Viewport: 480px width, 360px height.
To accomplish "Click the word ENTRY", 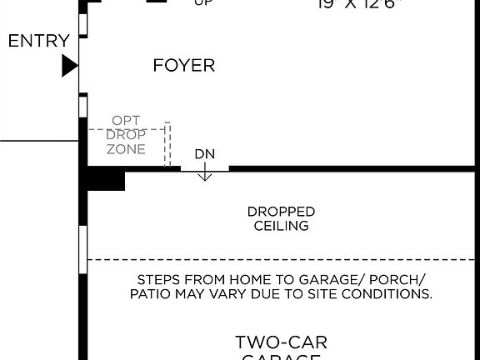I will pyautogui.click(x=39, y=41).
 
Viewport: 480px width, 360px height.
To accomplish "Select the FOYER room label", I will pyautogui.click(x=184, y=65).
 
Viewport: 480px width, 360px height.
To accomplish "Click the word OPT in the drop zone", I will pyautogui.click(x=127, y=120).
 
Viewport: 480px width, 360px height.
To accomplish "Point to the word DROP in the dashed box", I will pyautogui.click(x=127, y=135).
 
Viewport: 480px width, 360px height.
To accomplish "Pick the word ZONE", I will pyautogui.click(x=127, y=150).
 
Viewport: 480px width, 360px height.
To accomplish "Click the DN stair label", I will pyautogui.click(x=205, y=154).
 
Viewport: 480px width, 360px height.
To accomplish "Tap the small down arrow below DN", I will pyautogui.click(x=205, y=174).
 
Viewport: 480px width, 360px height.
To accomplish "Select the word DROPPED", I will pyautogui.click(x=281, y=212).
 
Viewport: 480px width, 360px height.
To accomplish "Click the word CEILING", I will pyautogui.click(x=281, y=226).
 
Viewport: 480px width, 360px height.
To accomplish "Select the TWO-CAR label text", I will pyautogui.click(x=281, y=342).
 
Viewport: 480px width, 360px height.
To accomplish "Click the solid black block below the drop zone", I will pyautogui.click(x=105, y=179).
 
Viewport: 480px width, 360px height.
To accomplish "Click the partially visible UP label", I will pyautogui.click(x=202, y=3).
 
